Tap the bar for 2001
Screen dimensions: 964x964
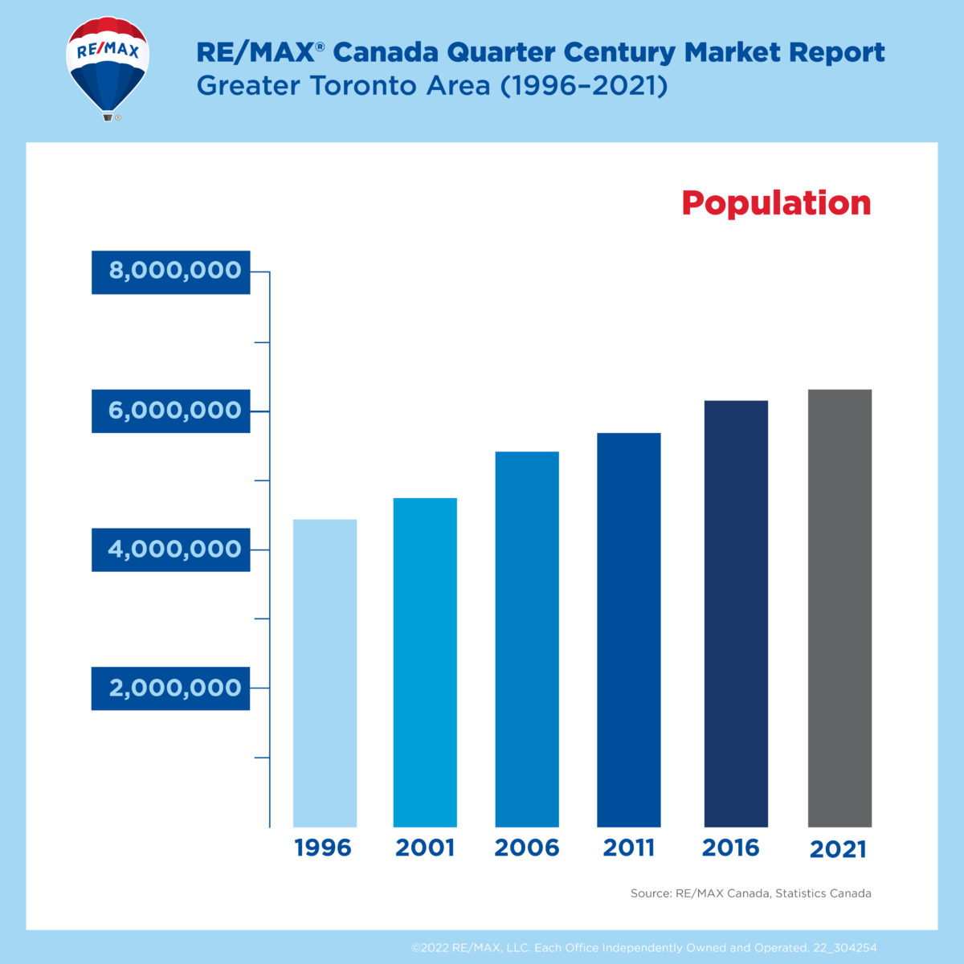[425, 663]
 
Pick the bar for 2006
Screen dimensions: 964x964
[527, 639]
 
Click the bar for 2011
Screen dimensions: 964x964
[629, 630]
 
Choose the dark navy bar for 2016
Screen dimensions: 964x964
[736, 614]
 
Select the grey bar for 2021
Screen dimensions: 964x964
[839, 608]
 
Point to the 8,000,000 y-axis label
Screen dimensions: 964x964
[171, 272]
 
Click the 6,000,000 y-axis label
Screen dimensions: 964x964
[171, 411]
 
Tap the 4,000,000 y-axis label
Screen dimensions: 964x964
[171, 549]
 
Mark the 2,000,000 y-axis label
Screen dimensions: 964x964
[171, 688]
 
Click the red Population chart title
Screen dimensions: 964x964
[776, 203]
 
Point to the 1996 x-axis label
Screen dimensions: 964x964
[323, 848]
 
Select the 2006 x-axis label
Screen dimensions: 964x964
[527, 848]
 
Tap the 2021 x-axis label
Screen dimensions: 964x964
[838, 849]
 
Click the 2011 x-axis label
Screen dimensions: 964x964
[629, 848]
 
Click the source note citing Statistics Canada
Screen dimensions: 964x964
[750, 893]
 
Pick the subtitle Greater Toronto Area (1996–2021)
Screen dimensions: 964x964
[432, 86]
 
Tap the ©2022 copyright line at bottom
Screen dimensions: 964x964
[643, 948]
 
